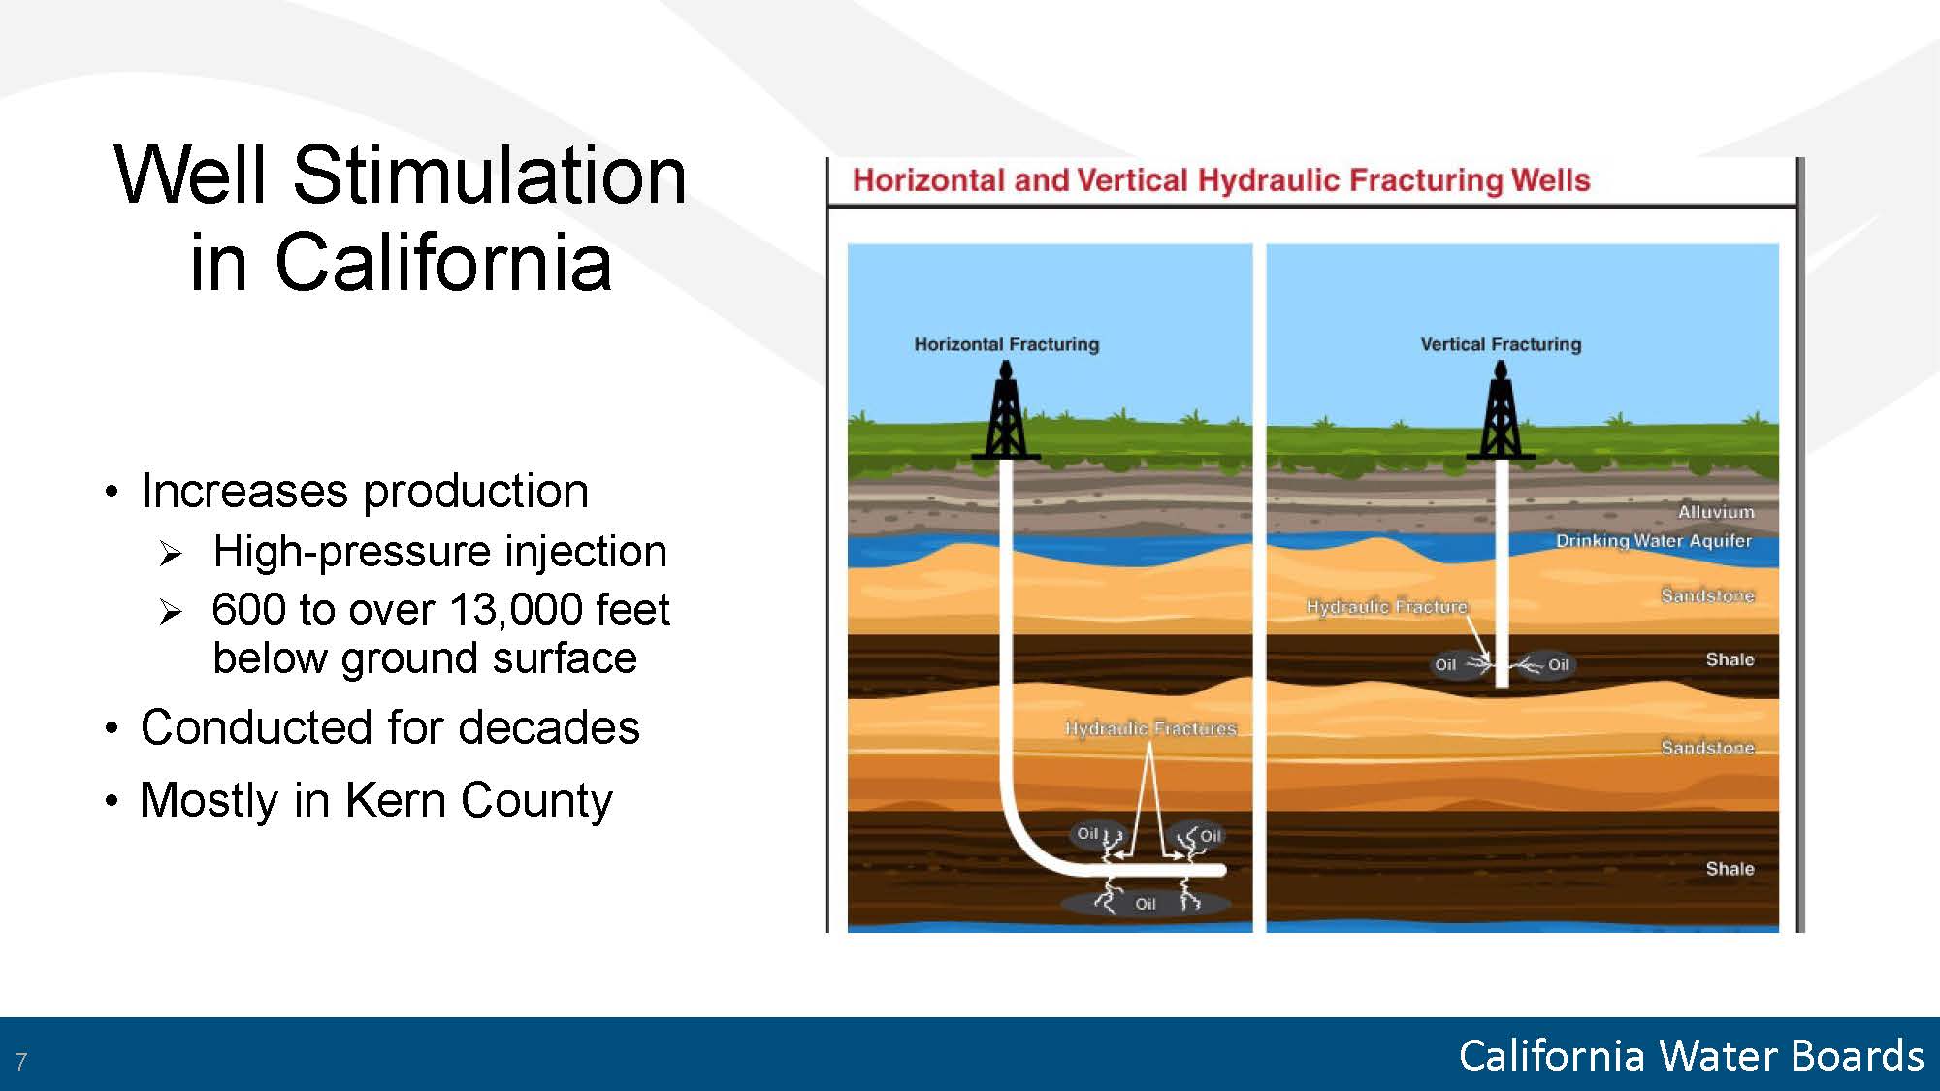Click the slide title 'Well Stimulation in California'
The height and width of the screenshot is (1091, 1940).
(x=400, y=217)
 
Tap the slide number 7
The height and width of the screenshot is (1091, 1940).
(x=21, y=1061)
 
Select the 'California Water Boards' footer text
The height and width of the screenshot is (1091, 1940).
(x=1691, y=1055)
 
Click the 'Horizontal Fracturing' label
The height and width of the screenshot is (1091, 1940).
(x=1007, y=344)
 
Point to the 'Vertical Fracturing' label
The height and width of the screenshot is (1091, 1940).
(x=1501, y=344)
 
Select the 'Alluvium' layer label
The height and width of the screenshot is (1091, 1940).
(x=1716, y=512)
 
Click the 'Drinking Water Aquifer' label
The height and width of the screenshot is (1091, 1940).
(x=1654, y=540)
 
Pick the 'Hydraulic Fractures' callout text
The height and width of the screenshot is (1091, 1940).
(x=1150, y=728)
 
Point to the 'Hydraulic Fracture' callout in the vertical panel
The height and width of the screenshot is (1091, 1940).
(x=1386, y=607)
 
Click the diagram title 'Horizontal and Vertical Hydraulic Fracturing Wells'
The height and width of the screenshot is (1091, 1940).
(x=1221, y=180)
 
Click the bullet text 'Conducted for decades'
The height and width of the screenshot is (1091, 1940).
(x=390, y=727)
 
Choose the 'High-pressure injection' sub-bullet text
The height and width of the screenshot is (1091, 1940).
(x=439, y=552)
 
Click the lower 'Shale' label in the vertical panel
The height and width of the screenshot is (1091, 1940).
(x=1730, y=869)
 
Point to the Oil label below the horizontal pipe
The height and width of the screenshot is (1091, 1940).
(x=1146, y=904)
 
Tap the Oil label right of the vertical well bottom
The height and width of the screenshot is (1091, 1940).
(x=1559, y=664)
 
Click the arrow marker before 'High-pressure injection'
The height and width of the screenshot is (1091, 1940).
(x=171, y=554)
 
